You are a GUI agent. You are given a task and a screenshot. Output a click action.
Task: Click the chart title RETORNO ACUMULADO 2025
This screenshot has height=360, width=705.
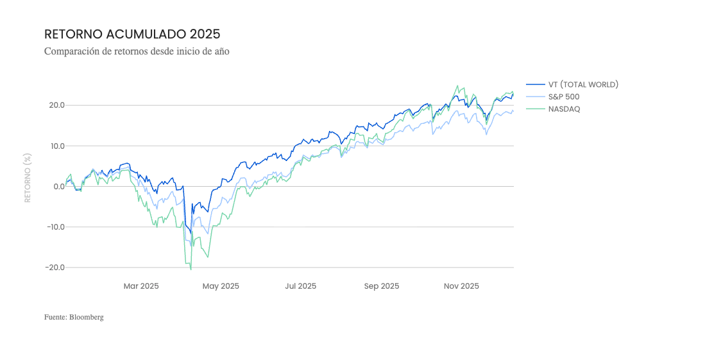pos(132,34)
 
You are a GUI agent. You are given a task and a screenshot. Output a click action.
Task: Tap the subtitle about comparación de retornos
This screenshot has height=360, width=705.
pos(137,51)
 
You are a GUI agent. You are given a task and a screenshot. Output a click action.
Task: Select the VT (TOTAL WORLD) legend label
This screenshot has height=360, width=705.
pos(583,85)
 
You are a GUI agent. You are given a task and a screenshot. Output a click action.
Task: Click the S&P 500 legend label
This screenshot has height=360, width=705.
pos(564,97)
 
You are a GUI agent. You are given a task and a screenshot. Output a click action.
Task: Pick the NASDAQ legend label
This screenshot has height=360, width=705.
pos(564,109)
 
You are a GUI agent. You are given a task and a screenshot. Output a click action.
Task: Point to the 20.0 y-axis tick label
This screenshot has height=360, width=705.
pos(55,105)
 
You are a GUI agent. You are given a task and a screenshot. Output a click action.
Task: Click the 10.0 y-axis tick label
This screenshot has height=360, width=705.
pos(55,146)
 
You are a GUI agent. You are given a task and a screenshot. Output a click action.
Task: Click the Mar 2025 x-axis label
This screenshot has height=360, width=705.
pos(141,286)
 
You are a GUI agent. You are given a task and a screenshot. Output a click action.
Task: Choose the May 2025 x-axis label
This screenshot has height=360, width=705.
pos(221,286)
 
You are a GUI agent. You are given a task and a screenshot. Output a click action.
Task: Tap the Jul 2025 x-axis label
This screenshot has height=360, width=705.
pos(301,286)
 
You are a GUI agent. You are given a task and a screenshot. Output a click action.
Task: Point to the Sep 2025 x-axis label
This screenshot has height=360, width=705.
pos(382,286)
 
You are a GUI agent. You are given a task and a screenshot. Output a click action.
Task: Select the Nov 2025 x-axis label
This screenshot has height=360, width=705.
pos(461,286)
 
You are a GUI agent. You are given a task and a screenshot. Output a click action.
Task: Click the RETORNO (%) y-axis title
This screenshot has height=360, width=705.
pos(28,178)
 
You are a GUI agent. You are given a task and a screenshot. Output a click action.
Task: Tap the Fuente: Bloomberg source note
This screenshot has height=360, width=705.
pos(74,317)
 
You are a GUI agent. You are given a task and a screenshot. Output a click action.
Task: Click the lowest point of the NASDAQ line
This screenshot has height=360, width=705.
pos(191,269)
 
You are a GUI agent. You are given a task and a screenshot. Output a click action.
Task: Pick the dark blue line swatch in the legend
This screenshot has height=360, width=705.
pos(535,85)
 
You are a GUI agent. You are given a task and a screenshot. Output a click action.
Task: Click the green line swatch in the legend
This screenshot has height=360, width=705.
pos(535,109)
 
